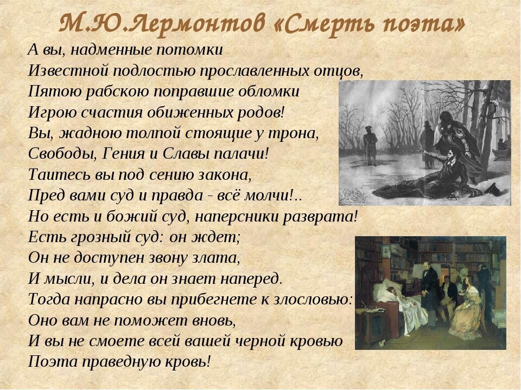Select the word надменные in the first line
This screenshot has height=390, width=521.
tap(111, 50)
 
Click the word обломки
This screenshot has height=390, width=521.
tap(269, 92)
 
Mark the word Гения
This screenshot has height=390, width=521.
tap(122, 154)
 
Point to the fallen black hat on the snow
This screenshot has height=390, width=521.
tap(492, 189)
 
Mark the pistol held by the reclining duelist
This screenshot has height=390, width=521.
tap(424, 152)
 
